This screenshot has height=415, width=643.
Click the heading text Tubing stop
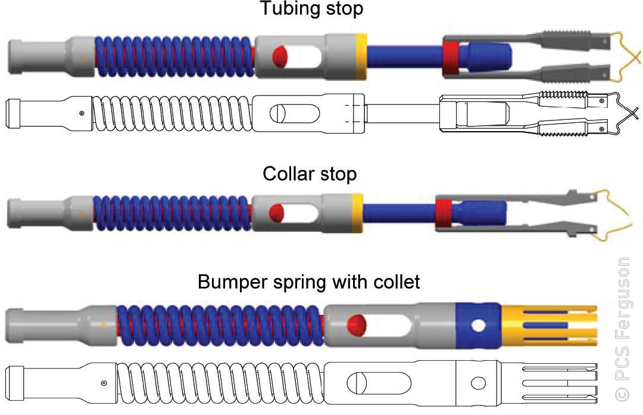[x=311, y=8]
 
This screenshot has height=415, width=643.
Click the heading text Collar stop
[x=310, y=174]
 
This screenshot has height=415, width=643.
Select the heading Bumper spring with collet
[x=309, y=282]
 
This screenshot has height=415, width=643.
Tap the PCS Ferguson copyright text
[x=623, y=329]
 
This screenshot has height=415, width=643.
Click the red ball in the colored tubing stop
[x=280, y=56]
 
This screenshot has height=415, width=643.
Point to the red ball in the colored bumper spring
[x=357, y=324]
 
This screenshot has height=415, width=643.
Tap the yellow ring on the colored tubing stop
[x=361, y=56]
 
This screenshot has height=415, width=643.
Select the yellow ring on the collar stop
[x=357, y=213]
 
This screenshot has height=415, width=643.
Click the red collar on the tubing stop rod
[x=451, y=57]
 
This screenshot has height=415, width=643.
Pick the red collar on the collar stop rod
[x=444, y=212]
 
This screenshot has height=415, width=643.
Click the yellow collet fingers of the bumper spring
[x=550, y=326]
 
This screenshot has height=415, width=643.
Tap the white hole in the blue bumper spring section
[x=478, y=326]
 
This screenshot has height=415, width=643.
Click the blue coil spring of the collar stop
[x=172, y=213]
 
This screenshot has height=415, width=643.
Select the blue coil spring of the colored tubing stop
[x=175, y=56]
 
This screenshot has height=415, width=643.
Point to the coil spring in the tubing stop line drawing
[x=172, y=113]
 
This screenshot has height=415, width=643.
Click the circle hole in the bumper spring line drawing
[x=478, y=383]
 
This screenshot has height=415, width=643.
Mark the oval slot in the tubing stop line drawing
[x=295, y=113]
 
